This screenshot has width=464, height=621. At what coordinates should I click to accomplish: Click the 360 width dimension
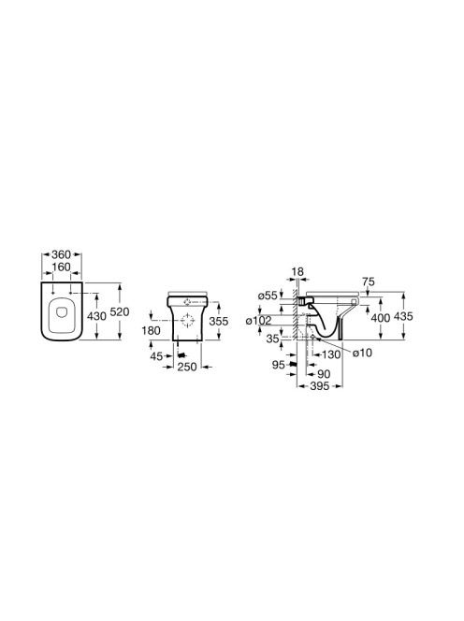tap(61, 254)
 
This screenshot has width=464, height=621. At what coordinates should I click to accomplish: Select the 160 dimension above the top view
tap(61, 267)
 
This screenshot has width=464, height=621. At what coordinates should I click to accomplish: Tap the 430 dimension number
tap(96, 316)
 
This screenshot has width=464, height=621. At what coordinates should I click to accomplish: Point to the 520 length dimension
tap(120, 312)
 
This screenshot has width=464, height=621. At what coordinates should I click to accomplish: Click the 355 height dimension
tap(219, 321)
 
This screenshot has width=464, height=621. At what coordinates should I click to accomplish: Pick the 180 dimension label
tap(151, 330)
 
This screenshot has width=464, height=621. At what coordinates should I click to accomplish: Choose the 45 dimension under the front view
tap(156, 356)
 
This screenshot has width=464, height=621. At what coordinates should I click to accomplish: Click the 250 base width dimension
tap(187, 368)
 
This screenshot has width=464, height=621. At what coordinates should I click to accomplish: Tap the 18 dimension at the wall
tap(297, 271)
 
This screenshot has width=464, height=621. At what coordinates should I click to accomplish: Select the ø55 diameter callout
tap(267, 296)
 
